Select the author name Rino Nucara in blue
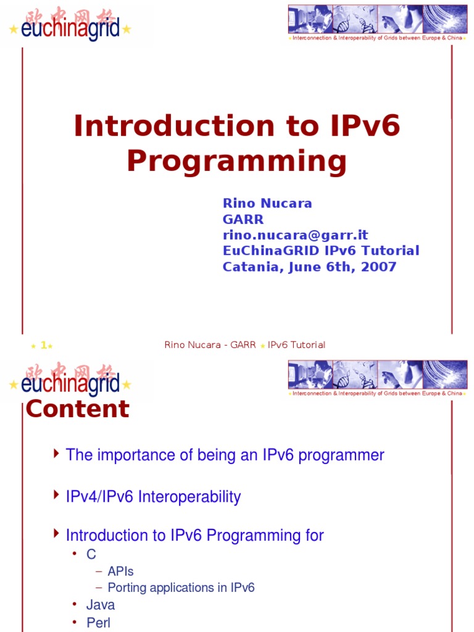click(x=267, y=203)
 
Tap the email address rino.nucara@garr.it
click(x=295, y=235)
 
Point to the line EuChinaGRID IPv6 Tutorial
click(x=321, y=251)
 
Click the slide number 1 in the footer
click(x=43, y=345)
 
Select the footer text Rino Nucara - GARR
click(x=210, y=345)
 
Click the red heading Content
click(x=78, y=409)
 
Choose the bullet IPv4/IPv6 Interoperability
click(x=153, y=497)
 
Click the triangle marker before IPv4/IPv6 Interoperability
click(x=57, y=495)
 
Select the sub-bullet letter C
click(x=91, y=554)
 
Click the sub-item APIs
click(x=120, y=571)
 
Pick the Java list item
click(x=101, y=605)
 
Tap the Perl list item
click(x=98, y=622)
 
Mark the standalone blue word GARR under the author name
click(x=243, y=219)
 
